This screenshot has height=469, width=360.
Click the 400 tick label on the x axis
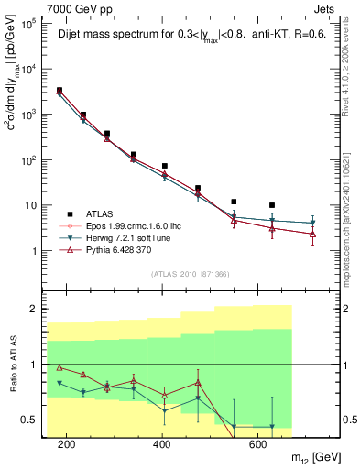pos(162,445)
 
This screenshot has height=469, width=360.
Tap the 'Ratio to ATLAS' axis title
pos(12,364)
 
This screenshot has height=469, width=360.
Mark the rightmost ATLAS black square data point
pos(272,205)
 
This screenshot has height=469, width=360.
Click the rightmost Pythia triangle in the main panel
pos(313,234)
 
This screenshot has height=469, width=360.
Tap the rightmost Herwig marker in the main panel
pos(313,223)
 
